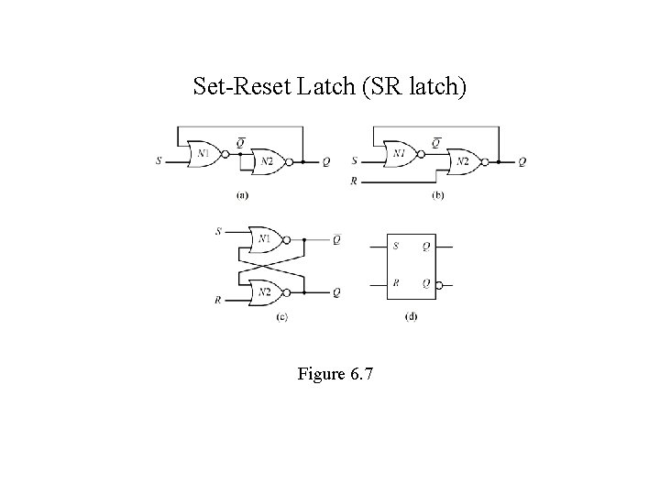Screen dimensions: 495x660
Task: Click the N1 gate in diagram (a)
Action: coord(202,153)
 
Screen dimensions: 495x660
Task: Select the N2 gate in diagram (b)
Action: coord(463,161)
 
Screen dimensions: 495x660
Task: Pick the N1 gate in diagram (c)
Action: coord(265,239)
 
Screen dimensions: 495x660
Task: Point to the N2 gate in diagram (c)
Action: coord(265,292)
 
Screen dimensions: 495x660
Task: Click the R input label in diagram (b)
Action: coord(354,181)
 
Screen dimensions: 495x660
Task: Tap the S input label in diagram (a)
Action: coord(159,161)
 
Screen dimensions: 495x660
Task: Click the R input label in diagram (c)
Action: coord(218,299)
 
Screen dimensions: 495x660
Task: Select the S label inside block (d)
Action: coord(396,246)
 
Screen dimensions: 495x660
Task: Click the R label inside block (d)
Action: coord(396,284)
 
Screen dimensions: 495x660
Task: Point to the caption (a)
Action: coord(242,194)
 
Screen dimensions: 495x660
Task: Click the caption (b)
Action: coord(438,194)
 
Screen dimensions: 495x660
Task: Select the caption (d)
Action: coord(411,316)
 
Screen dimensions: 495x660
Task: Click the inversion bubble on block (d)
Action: coord(440,285)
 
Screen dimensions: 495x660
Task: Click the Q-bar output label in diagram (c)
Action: coord(336,239)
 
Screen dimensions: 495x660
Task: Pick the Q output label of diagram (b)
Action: coord(522,162)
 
